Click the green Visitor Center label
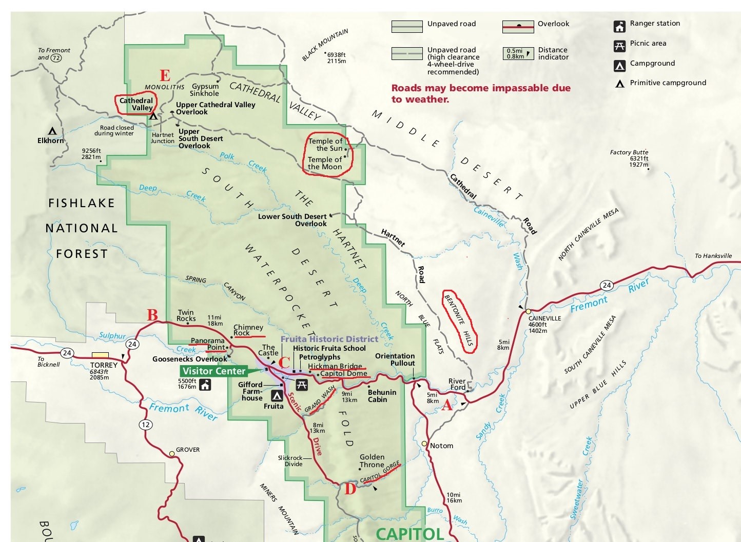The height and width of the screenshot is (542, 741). pos(213,371)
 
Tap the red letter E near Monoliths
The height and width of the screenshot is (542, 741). pos(165,76)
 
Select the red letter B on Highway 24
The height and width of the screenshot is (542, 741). pos(152,315)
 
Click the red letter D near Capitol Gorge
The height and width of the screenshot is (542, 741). pos(350,489)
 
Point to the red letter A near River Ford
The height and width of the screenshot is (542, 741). pos(447,405)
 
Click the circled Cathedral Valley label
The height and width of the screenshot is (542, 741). pos(136,104)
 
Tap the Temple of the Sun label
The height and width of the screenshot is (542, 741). pos(325,145)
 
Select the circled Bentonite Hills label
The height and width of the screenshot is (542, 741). pos(460,320)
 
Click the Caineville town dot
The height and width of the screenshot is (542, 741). pos(528,311)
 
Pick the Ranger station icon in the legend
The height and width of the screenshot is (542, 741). pos(620,26)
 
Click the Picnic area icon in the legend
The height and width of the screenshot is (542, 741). pos(620,46)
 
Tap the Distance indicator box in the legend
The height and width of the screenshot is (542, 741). pos(518,53)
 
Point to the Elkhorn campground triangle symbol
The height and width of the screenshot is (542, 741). pos(52,131)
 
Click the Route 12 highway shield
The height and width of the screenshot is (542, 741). pos(146,424)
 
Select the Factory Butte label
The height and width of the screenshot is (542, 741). pos(629,152)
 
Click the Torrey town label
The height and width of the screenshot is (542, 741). pos(104,365)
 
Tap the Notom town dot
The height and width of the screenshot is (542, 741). pos(424,444)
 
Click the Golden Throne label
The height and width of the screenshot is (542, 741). pos(372,460)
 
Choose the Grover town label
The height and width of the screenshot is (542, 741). pos(188,450)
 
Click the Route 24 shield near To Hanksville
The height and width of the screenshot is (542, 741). pos(607,285)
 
